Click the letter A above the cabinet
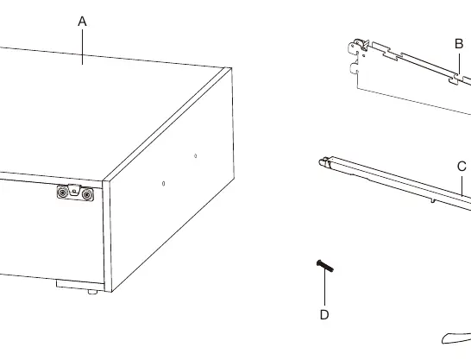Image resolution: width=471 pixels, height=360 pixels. click(82, 22)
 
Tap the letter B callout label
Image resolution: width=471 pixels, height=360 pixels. click(459, 44)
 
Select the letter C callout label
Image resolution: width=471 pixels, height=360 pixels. click(462, 167)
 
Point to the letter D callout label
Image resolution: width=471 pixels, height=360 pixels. click(324, 314)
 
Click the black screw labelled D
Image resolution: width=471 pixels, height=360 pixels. click(324, 266)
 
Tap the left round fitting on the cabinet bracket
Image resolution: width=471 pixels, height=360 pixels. click(62, 192)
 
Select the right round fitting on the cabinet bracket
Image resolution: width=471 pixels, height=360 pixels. click(87, 195)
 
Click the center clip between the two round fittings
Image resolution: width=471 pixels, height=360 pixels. click(74, 191)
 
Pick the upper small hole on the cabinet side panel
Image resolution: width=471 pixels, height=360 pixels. click(196, 156)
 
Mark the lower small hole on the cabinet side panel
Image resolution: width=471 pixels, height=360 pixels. click(163, 184)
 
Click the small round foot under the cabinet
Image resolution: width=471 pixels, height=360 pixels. click(92, 292)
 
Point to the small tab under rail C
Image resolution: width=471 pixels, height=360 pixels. click(432, 199)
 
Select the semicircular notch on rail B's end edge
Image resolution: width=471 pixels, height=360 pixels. click(355, 68)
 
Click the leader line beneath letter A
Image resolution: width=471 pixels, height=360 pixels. click(82, 47)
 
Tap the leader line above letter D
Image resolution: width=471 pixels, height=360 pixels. click(324, 287)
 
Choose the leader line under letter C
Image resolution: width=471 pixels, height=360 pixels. click(462, 186)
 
